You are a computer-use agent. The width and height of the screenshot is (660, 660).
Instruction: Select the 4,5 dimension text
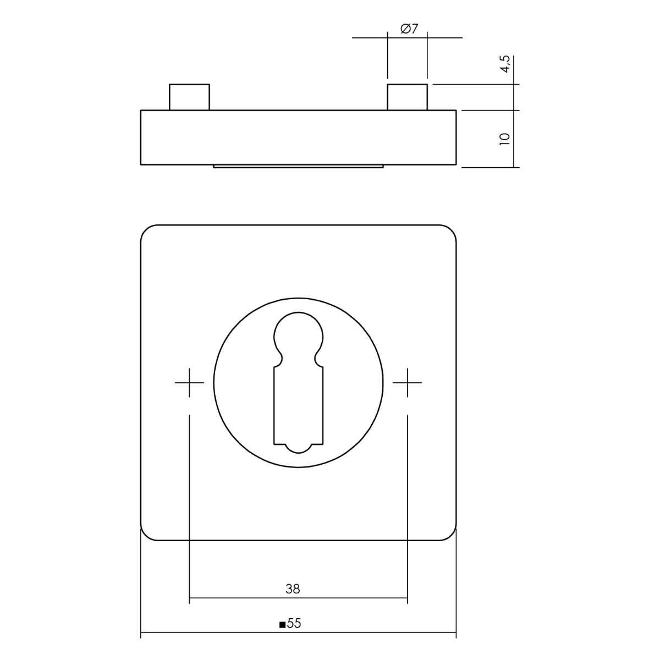click(505, 64)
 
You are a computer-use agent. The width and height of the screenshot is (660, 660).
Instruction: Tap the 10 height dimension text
click(505, 138)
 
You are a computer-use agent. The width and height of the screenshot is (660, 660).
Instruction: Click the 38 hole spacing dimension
click(293, 589)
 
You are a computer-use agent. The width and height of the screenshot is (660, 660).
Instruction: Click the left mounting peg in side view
click(189, 97)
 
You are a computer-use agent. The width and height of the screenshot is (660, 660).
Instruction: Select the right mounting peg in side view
click(407, 97)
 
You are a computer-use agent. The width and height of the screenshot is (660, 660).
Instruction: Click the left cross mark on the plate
click(189, 382)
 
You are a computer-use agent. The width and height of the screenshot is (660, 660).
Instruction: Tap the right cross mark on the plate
click(407, 382)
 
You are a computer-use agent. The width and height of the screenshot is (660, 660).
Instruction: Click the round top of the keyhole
click(298, 333)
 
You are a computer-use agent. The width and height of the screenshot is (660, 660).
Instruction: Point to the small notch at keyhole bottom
click(298, 448)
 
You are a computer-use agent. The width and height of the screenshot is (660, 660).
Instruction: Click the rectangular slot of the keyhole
click(298, 404)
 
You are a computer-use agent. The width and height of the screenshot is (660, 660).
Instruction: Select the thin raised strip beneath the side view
click(298, 166)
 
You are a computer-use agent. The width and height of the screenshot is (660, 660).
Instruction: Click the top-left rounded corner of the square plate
click(146, 230)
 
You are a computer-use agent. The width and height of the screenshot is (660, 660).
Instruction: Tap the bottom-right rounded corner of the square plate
click(451, 535)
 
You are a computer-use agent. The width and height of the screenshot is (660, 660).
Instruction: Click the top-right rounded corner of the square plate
click(451, 230)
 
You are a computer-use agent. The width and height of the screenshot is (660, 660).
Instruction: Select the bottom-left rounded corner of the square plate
click(146, 535)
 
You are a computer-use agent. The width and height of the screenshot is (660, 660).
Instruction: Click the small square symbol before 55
click(282, 625)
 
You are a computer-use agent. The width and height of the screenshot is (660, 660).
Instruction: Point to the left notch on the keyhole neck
click(280, 360)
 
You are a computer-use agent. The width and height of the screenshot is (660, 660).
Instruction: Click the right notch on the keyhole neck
click(316, 360)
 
